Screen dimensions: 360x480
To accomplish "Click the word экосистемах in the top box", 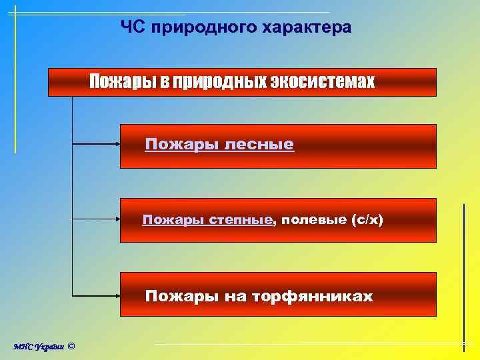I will (x=323, y=83).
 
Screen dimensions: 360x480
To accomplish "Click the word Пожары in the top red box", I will (x=123, y=83).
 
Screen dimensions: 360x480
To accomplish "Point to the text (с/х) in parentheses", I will (x=367, y=220).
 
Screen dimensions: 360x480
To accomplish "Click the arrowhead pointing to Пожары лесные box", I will (x=116, y=143).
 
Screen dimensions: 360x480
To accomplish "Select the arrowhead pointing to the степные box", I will (x=116, y=219).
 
